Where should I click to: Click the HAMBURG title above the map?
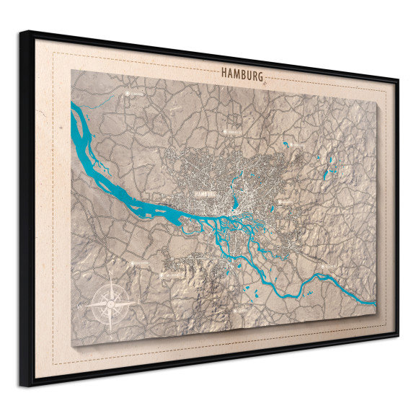click(x=242, y=74)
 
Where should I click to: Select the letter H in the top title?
click(x=224, y=72)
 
